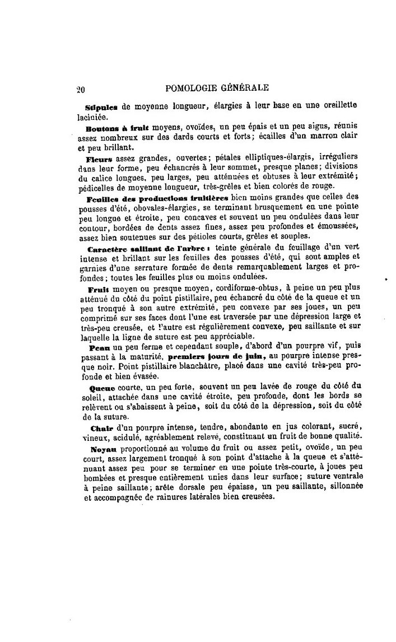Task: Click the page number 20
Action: coord(80,88)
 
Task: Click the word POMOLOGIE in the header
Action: coord(192,87)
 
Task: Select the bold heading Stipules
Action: coord(101,106)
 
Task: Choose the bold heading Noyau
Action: coord(101,450)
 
